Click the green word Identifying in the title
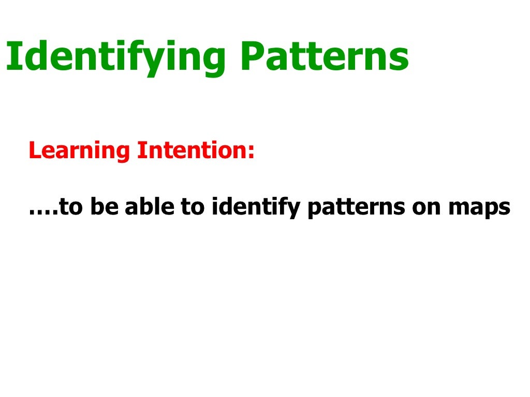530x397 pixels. click(x=117, y=57)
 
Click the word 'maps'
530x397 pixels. click(x=479, y=209)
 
